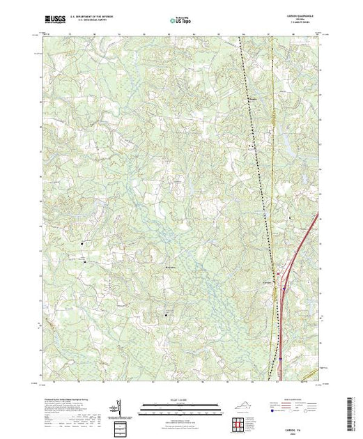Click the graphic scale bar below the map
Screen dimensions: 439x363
click(180, 406)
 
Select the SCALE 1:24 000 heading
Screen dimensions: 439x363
click(180, 401)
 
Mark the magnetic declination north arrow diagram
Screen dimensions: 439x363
click(118, 407)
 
